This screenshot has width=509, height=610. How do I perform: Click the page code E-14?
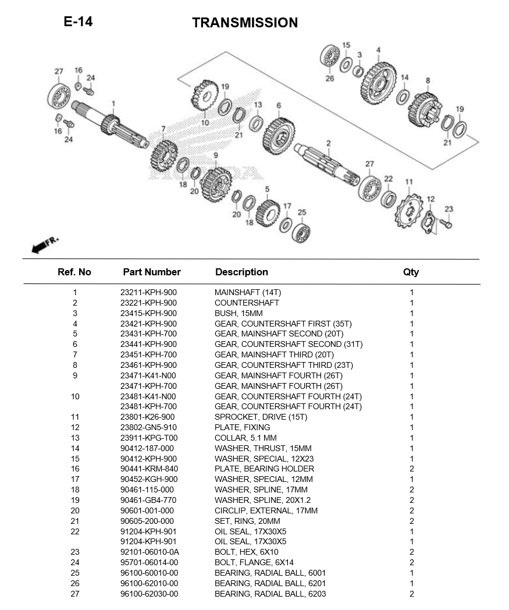(78, 22)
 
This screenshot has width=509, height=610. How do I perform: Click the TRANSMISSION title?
(245, 23)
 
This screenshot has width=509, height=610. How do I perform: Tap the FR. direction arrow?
(44, 244)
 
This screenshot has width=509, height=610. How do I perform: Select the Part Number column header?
(152, 272)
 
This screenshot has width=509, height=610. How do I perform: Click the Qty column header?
(411, 272)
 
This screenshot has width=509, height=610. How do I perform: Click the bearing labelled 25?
(301, 232)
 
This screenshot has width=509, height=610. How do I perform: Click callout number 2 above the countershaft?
(328, 143)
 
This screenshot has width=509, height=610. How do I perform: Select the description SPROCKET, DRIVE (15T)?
(261, 417)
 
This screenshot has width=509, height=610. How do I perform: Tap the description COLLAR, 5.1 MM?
(245, 438)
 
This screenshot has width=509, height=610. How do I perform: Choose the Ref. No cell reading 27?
(74, 594)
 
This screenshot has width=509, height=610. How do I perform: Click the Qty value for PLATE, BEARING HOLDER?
(411, 469)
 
